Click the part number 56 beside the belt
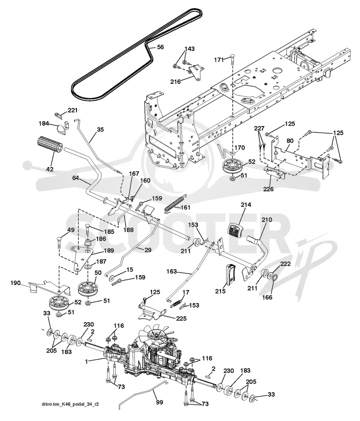pyautogui.click(x=160, y=47)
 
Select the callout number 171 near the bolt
pyautogui.click(x=219, y=59)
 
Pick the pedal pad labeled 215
pyautogui.click(x=230, y=274)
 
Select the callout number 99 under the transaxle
pyautogui.click(x=159, y=402)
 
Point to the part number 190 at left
pyautogui.click(x=16, y=283)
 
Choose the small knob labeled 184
pyautogui.click(x=62, y=128)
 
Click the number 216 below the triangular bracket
pyautogui.click(x=175, y=81)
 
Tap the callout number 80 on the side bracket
pyautogui.click(x=290, y=140)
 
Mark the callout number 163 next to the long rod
pyautogui.click(x=171, y=272)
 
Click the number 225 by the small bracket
pyautogui.click(x=181, y=318)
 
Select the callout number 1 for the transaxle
pyautogui.click(x=86, y=362)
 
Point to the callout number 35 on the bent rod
pyautogui.click(x=100, y=130)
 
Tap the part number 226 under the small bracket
pyautogui.click(x=268, y=189)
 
